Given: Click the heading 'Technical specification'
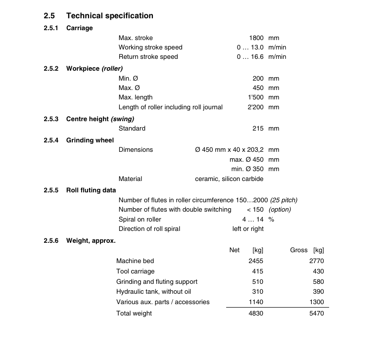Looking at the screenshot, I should pos(109,16).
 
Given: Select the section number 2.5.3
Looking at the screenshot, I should pos(51,119).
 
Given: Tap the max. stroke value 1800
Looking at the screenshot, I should pos(256,38).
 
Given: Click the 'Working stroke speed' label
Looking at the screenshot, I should pos(150,47).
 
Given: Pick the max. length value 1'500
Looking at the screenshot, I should pos(255,97).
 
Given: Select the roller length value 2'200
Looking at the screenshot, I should pos(255,107).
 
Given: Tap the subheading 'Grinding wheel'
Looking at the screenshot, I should pos(90,140).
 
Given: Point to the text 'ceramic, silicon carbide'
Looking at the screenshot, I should pos(229,179).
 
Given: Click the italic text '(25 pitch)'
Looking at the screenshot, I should pos(284,200).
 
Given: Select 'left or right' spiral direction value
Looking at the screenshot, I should pos(248,229).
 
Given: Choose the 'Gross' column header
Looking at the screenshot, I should pos(298,250).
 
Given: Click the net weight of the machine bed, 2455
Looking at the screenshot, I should pos(256,261).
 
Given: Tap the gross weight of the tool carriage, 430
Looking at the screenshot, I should pos(318,271).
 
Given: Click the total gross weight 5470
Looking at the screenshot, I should pos(316,314).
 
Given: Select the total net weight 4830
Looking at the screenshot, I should pos(256,314).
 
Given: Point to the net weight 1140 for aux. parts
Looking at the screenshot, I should pos(256,302).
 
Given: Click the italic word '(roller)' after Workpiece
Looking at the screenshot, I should pos(112,69).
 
